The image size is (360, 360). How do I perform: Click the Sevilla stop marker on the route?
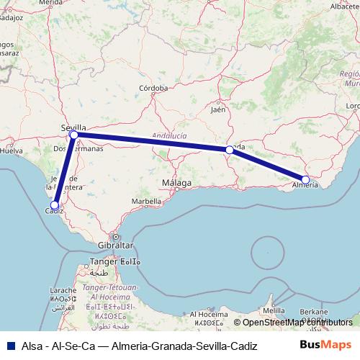(x=73, y=135)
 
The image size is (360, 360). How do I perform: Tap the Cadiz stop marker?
(x=55, y=205)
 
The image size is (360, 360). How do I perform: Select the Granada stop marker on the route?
(x=229, y=150)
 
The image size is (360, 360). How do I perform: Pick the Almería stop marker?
(x=305, y=180)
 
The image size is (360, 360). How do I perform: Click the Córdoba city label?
(x=153, y=89)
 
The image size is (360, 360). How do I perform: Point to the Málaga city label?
(x=176, y=183)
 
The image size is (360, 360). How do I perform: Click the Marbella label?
(x=146, y=201)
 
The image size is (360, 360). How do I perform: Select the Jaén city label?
(x=218, y=110)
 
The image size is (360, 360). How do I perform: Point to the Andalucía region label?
(x=170, y=135)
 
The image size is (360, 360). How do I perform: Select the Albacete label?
(x=343, y=6)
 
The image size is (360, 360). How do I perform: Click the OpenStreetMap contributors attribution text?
(x=297, y=323)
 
